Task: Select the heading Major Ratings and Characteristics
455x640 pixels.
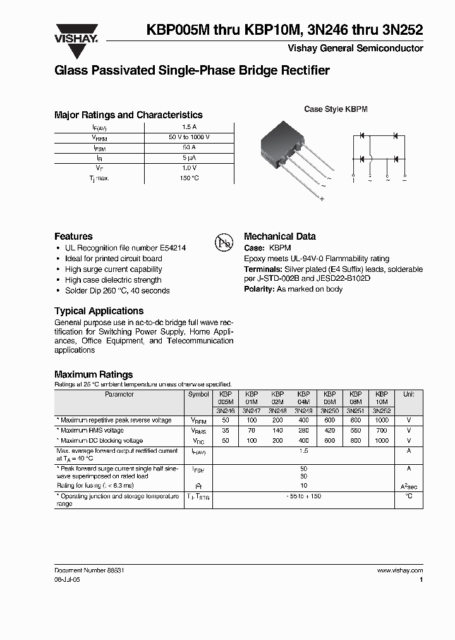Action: coord(128,115)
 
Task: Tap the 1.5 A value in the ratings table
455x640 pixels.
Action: coord(189,126)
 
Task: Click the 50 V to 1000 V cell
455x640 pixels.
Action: coord(189,137)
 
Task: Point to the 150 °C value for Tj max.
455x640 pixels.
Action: coord(189,178)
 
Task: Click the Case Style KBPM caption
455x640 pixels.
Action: coord(336,109)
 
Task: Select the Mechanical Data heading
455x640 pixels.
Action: coord(279,237)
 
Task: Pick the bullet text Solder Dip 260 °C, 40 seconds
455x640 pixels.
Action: coord(118,291)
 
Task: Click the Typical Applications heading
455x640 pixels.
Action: coord(99,311)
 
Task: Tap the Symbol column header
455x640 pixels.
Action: coord(198,394)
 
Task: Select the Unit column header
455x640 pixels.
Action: coord(408,394)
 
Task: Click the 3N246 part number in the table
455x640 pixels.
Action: coord(225,410)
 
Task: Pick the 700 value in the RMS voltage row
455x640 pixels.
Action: coord(382,430)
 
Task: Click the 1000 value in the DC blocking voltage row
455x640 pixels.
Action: coord(382,441)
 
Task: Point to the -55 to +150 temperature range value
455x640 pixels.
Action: coord(303,496)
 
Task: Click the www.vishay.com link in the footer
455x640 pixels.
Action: coord(399,570)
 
